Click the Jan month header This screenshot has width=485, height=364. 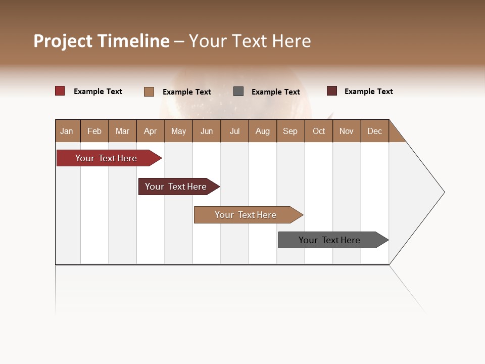click(x=67, y=131)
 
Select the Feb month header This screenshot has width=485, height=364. click(x=94, y=131)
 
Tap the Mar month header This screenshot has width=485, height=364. click(x=123, y=131)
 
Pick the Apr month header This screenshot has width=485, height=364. click(x=151, y=131)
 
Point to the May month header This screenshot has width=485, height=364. click(x=178, y=131)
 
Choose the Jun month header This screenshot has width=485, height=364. click(x=207, y=131)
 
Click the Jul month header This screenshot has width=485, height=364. click(x=234, y=131)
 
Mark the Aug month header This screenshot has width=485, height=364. click(x=263, y=131)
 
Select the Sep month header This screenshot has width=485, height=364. click(x=290, y=131)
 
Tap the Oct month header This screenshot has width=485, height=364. click(x=319, y=131)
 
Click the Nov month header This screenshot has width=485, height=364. click(x=347, y=131)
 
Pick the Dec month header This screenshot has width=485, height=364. click(x=375, y=131)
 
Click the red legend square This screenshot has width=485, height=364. click(x=60, y=91)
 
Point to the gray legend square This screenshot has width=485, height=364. click(x=238, y=92)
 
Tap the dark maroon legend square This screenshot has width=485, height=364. click(x=332, y=91)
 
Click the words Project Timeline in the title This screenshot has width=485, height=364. click(x=102, y=41)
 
